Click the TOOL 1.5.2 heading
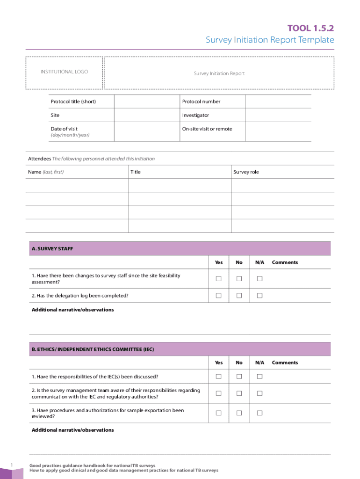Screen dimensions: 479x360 (x=310, y=29)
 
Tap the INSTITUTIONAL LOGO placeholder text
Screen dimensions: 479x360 (x=64, y=72)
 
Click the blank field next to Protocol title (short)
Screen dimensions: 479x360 (x=147, y=102)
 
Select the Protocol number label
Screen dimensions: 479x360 (x=201, y=102)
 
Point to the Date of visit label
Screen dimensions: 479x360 (x=64, y=129)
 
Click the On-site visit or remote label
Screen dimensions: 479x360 (x=207, y=129)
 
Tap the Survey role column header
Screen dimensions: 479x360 (x=246, y=172)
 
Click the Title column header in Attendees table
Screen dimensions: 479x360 (x=135, y=172)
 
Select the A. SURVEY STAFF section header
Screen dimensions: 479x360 (x=52, y=249)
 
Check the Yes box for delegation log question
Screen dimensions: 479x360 (x=218, y=296)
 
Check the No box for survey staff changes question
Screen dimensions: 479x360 (x=239, y=279)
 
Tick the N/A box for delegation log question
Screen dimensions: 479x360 (x=259, y=296)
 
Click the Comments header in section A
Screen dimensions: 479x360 (x=285, y=262)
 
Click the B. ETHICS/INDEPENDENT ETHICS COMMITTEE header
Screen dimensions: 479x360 (x=93, y=349)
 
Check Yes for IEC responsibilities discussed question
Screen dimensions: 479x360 (x=218, y=377)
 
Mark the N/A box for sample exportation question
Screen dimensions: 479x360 (x=259, y=413)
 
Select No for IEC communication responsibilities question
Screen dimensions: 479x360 (x=239, y=393)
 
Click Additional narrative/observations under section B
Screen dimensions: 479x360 (x=72, y=430)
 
